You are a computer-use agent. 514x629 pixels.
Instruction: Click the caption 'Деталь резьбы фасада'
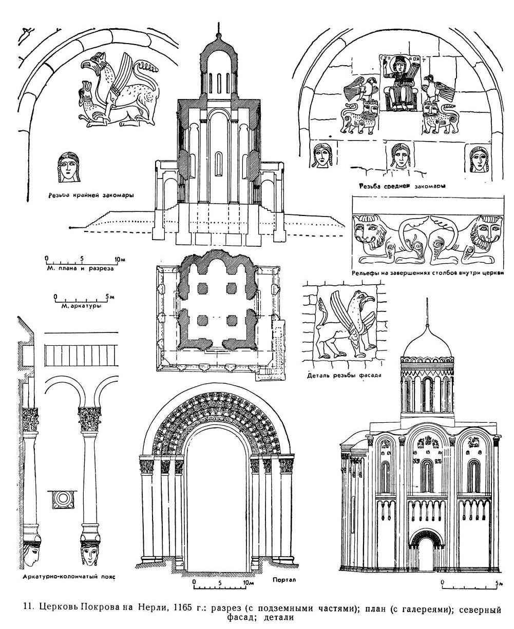click(x=343, y=375)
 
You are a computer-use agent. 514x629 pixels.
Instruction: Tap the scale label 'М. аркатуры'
click(x=78, y=307)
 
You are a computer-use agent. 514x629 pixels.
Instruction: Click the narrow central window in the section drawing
click(x=219, y=165)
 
